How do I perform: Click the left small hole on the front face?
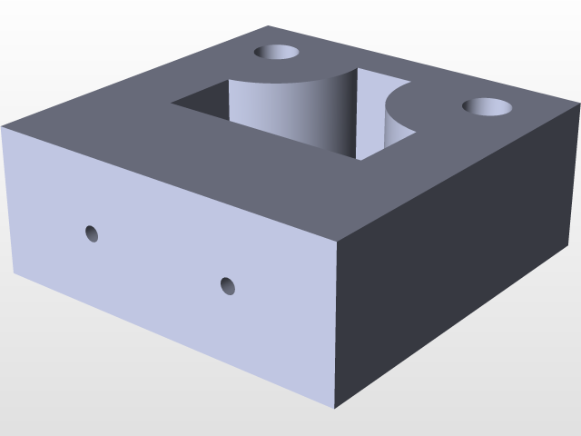(92, 233)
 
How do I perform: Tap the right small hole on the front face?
(228, 286)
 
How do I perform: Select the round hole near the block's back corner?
(277, 53)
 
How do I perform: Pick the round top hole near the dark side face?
(487, 106)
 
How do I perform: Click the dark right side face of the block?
(454, 272)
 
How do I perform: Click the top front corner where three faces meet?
(337, 241)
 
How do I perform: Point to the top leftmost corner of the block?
(3, 125)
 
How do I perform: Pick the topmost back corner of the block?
(269, 25)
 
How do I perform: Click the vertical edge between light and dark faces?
(336, 327)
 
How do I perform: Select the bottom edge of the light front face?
(172, 340)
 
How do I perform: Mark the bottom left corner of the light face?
(14, 272)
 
